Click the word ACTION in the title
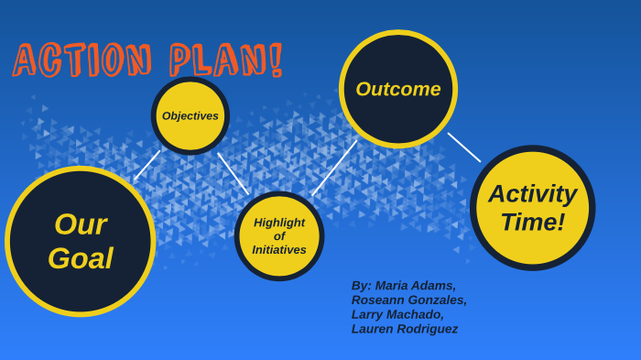82,60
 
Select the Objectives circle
190,116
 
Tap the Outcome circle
397,89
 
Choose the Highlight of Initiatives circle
279,236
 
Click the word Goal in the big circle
81,258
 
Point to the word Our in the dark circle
81,224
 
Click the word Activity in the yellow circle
532,194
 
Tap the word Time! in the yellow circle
532,223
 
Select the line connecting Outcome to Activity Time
464,147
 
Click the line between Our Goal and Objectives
147,165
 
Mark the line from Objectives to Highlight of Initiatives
233,173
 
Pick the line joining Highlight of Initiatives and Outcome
334,168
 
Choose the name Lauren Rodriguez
405,329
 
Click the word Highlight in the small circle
279,223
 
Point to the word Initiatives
279,250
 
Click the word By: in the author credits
361,285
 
